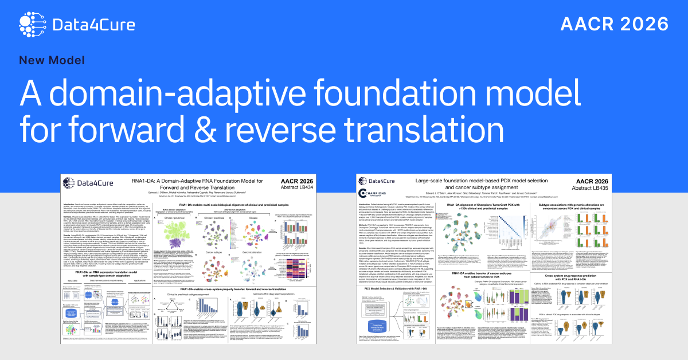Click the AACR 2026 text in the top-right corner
(614, 24)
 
